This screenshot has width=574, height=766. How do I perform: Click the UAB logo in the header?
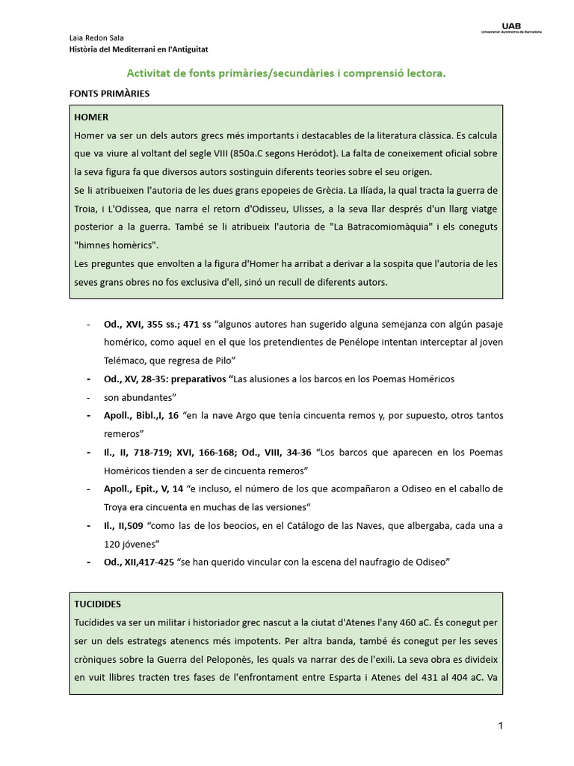pos(510,29)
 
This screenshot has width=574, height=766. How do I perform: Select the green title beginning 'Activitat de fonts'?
pos(286,73)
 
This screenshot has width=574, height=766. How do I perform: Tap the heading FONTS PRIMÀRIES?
pos(109,94)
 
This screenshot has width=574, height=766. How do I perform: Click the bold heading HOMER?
pos(91,117)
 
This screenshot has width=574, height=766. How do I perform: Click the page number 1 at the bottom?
pos(500,726)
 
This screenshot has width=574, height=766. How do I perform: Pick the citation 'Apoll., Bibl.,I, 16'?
pos(141,415)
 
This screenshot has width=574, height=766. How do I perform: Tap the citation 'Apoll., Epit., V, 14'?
pos(143,488)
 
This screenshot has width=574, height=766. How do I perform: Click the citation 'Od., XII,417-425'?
pos(139,562)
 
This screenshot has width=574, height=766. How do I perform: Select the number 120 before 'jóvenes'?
pos(113,544)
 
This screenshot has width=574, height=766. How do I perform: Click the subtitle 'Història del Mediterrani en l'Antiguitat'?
pos(138,49)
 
